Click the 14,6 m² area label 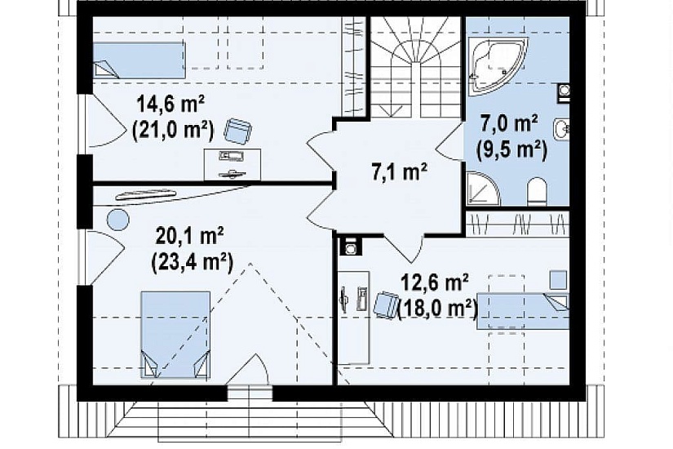click(x=170, y=104)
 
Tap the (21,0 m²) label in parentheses click(x=173, y=129)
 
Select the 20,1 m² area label click(x=190, y=236)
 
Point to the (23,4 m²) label click(x=192, y=262)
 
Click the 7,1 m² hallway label click(x=399, y=171)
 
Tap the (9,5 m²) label click(x=511, y=150)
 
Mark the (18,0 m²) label click(x=438, y=308)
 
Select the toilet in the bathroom click(x=537, y=191)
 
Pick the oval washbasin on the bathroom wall click(x=561, y=128)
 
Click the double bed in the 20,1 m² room click(x=175, y=335)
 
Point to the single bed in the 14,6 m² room click(x=139, y=60)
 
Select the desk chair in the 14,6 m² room click(x=238, y=131)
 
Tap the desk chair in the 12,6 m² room click(x=385, y=305)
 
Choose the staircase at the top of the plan click(x=415, y=67)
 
